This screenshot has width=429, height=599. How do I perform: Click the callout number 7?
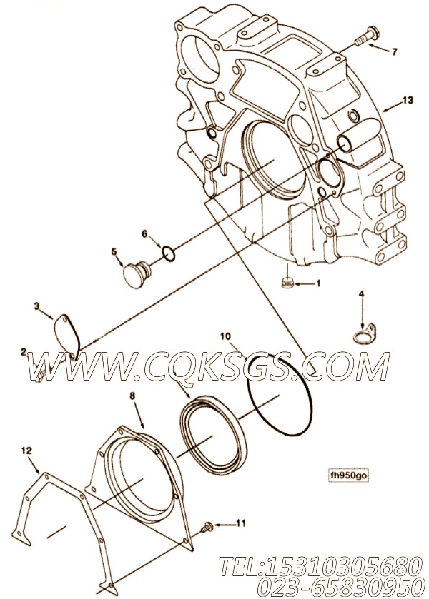coord(395,51)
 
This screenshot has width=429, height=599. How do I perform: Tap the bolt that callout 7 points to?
coord(367,36)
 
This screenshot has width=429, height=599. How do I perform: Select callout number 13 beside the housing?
coord(408,100)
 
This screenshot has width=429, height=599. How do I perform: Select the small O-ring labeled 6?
coord(169,254)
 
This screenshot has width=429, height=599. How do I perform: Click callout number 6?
coord(144,234)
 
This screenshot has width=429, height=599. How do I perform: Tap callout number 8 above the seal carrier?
coord(132,396)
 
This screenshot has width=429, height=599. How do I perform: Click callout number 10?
coord(226,336)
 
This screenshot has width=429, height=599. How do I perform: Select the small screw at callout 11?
coord(207,527)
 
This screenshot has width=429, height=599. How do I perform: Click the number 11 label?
coord(241,523)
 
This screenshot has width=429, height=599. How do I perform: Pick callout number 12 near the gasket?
coord(26,451)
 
